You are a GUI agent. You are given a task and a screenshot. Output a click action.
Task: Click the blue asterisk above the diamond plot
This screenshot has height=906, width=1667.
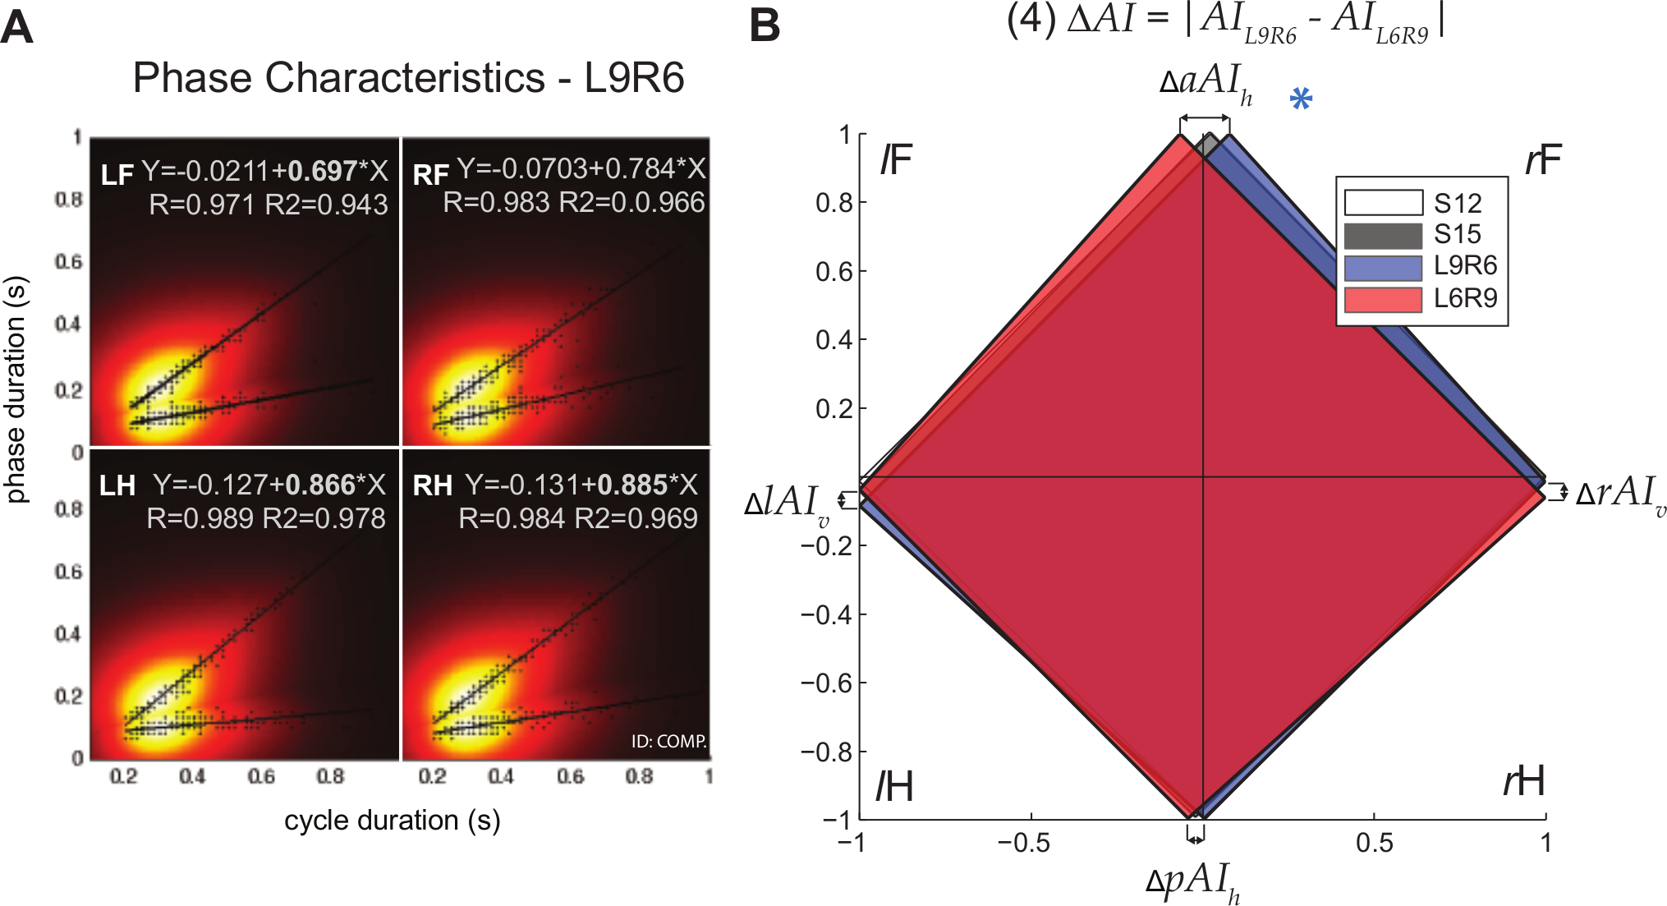pyautogui.click(x=1301, y=99)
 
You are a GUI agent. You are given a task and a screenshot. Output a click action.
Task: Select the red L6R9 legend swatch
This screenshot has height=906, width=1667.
pyautogui.click(x=1383, y=299)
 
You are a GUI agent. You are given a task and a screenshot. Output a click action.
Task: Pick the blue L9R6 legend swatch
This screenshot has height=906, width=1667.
pyautogui.click(x=1383, y=268)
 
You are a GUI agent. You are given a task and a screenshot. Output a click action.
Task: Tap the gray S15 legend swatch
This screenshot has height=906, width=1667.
pyautogui.click(x=1383, y=236)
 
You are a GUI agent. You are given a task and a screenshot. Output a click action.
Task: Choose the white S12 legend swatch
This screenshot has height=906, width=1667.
pyautogui.click(x=1383, y=203)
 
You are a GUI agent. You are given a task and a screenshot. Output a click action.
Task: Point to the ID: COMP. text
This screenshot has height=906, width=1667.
pyautogui.click(x=668, y=741)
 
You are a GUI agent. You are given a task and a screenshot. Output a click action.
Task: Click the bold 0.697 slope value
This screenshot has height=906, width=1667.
pyautogui.click(x=322, y=171)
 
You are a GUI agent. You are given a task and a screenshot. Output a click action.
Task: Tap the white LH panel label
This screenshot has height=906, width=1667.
pyautogui.click(x=117, y=485)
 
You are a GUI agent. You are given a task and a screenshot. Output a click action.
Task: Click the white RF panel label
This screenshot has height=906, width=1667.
pyautogui.click(x=430, y=174)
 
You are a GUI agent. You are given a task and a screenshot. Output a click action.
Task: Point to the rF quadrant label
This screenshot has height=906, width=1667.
pyautogui.click(x=1542, y=160)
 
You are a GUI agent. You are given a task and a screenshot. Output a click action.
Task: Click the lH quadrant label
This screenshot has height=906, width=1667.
pyautogui.click(x=894, y=786)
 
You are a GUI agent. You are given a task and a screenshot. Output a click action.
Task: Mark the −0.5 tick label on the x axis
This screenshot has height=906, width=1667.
pyautogui.click(x=1023, y=843)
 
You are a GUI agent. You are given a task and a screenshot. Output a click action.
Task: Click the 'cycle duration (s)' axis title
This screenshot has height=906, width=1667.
pyautogui.click(x=393, y=820)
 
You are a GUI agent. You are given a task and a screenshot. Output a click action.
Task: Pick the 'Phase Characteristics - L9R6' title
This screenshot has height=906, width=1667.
pyautogui.click(x=408, y=79)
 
